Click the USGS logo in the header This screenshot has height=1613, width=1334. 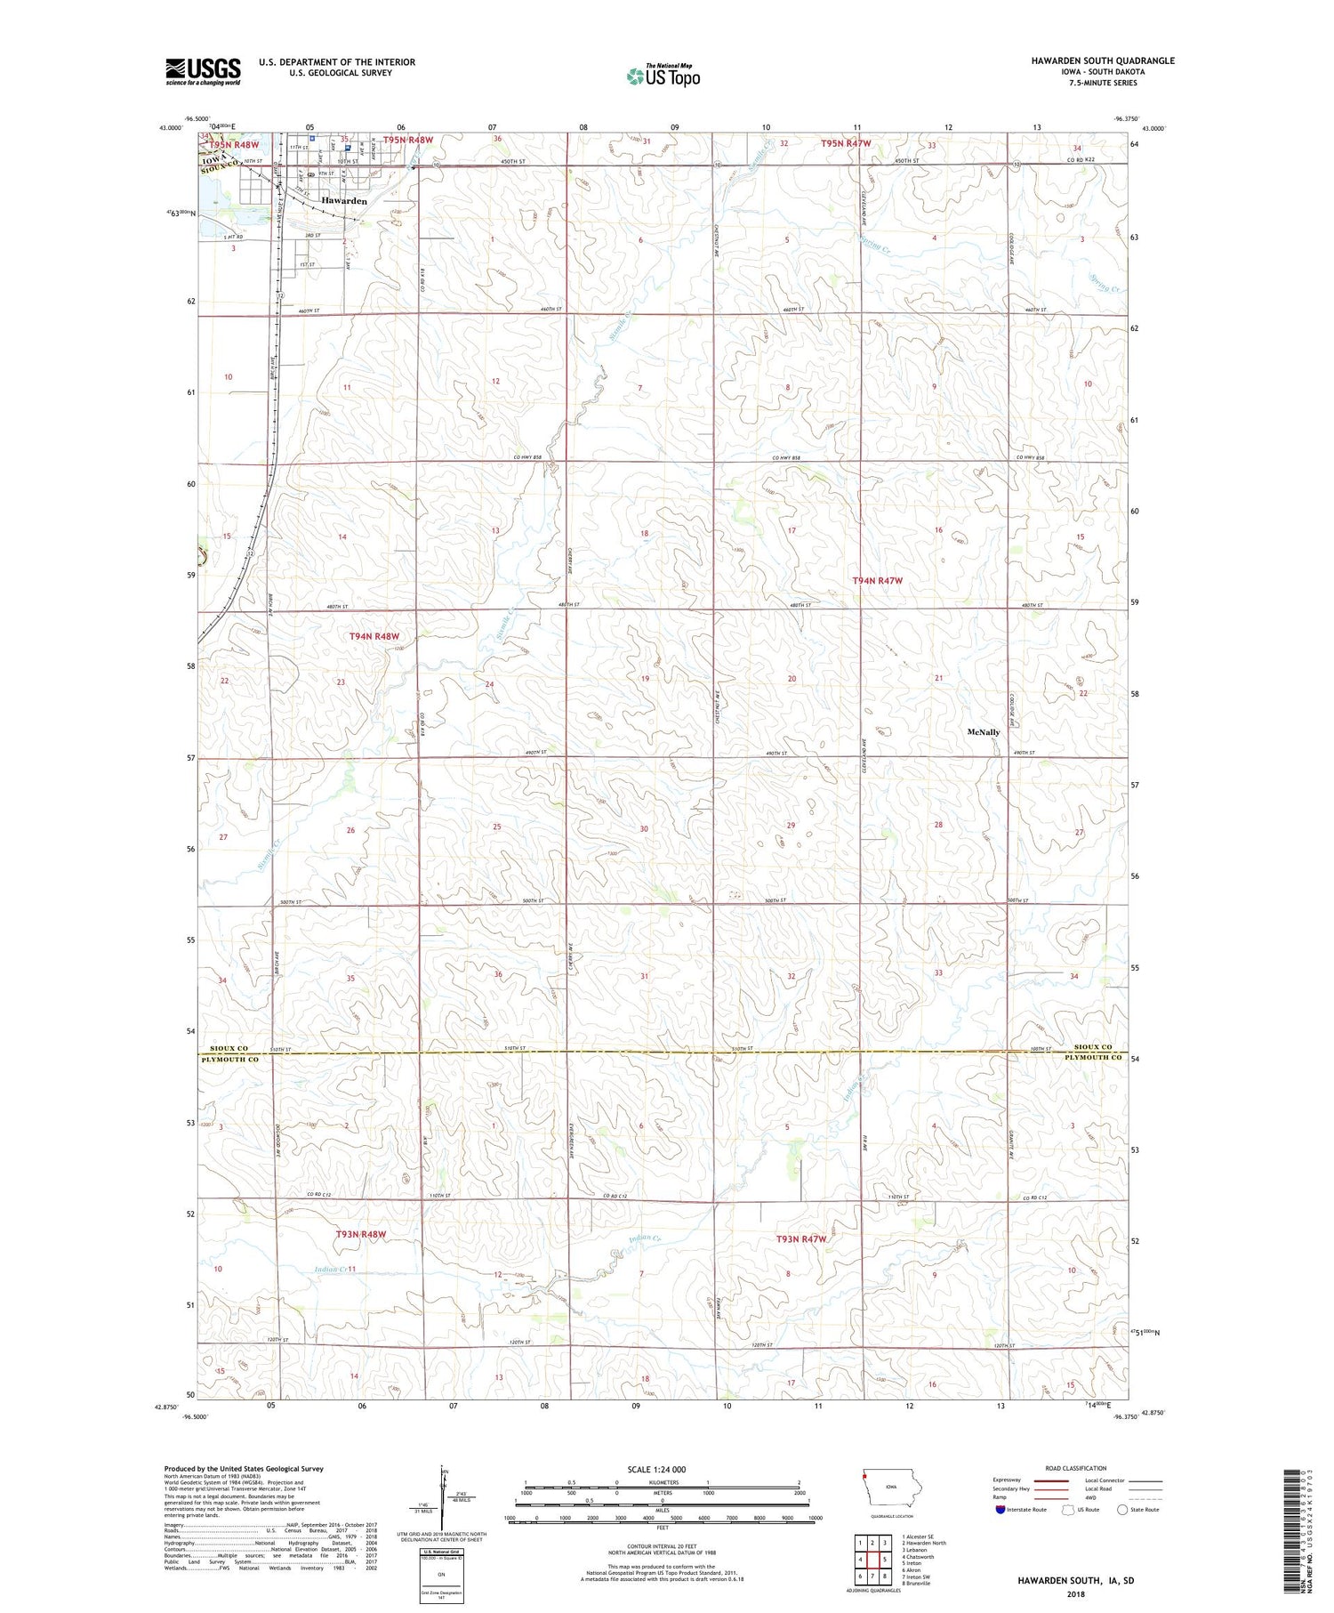[x=203, y=71]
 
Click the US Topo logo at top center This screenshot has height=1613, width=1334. [x=663, y=76]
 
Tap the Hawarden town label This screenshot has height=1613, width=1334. [x=344, y=201]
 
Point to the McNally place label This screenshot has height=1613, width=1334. [x=983, y=732]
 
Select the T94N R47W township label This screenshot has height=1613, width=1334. [x=877, y=580]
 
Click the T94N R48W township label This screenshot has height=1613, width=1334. [x=374, y=636]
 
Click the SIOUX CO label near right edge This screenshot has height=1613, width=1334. [x=1093, y=1047]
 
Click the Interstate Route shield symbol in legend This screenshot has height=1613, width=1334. [x=1000, y=1510]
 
